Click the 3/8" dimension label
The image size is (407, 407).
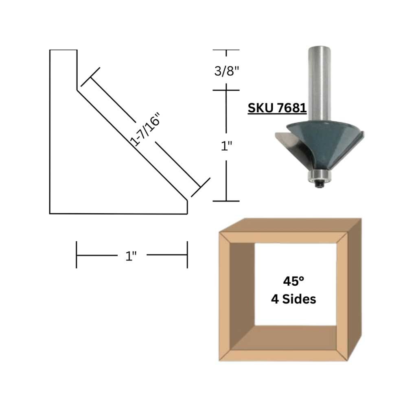(x=226, y=70)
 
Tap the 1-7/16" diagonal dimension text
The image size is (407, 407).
(x=145, y=129)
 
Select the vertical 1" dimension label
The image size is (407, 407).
(x=226, y=146)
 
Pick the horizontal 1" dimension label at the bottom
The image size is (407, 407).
(x=131, y=256)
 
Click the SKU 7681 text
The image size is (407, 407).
(x=277, y=108)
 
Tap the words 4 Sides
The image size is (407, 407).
(x=293, y=299)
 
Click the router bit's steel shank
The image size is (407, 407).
(x=319, y=83)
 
